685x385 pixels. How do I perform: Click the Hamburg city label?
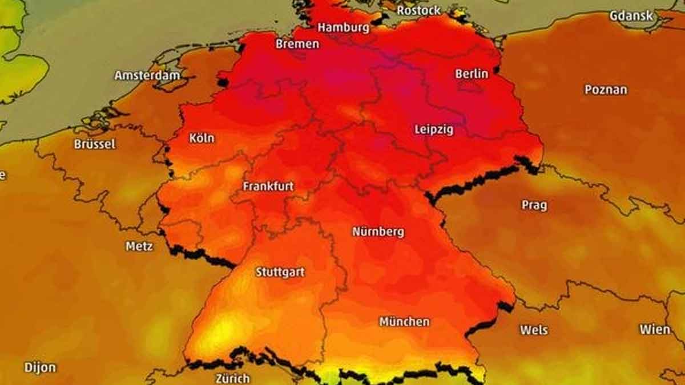click(344, 27)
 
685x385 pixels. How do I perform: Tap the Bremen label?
click(297, 44)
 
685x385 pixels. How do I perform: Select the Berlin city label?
click(472, 74)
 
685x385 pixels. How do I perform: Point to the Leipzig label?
click(434, 129)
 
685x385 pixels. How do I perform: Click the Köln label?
click(202, 138)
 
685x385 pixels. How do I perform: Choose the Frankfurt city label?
click(268, 187)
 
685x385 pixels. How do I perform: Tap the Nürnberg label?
click(378, 232)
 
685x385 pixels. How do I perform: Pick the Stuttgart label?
click(280, 272)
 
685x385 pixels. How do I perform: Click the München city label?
click(404, 322)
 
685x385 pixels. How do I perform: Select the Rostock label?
click(418, 10)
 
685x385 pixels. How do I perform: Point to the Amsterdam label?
click(147, 75)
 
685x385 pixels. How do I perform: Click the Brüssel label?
click(95, 144)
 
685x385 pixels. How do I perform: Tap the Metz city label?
click(139, 246)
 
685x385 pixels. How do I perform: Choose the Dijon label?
click(40, 367)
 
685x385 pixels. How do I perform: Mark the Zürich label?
click(232, 378)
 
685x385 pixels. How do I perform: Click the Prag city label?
click(534, 205)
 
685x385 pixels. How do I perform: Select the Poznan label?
click(606, 90)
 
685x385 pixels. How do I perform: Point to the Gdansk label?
click(631, 16)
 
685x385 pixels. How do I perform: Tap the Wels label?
click(534, 330)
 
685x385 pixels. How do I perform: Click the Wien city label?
click(655, 329)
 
